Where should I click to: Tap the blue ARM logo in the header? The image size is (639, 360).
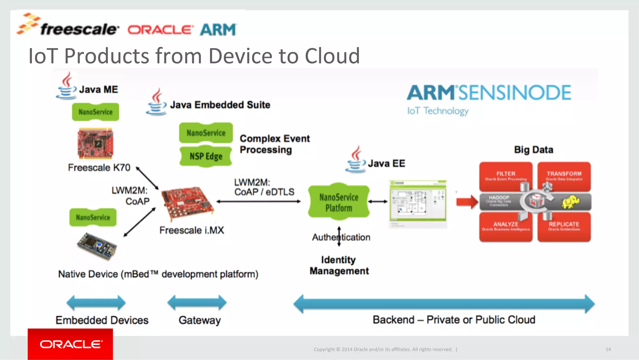(x=218, y=30)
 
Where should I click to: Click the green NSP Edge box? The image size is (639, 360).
(x=206, y=156)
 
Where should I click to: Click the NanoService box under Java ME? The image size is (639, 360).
(x=95, y=112)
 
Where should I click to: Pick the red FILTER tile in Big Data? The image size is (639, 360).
(x=505, y=176)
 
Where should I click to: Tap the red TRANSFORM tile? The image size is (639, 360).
(x=564, y=176)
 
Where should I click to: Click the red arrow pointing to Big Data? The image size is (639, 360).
(x=467, y=202)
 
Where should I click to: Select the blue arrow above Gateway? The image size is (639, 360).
(x=197, y=303)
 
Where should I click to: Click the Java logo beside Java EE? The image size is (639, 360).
(x=355, y=160)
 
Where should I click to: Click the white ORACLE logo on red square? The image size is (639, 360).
(x=71, y=344)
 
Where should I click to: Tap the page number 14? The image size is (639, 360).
(x=608, y=349)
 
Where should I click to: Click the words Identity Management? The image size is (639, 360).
(x=339, y=265)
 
